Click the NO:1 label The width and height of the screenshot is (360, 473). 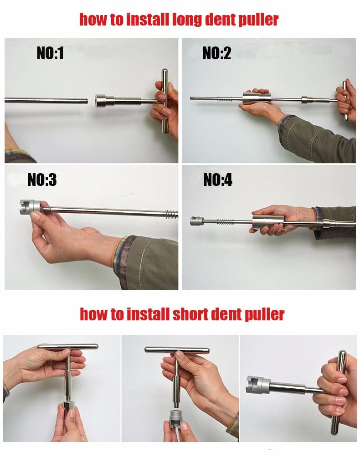pos(50,54)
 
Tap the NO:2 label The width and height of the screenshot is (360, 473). pos(216,54)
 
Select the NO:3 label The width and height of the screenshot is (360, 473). pos(42,180)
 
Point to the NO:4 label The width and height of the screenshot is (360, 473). pos(217,180)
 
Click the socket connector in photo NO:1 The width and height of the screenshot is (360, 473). pos(104,100)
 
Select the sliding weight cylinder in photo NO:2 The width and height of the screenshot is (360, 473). pos(258,98)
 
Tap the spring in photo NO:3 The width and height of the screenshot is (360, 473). pos(171,213)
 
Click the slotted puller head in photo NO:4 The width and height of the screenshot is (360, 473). pos(195,222)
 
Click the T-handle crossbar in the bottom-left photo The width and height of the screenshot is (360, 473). pos(68,346)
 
